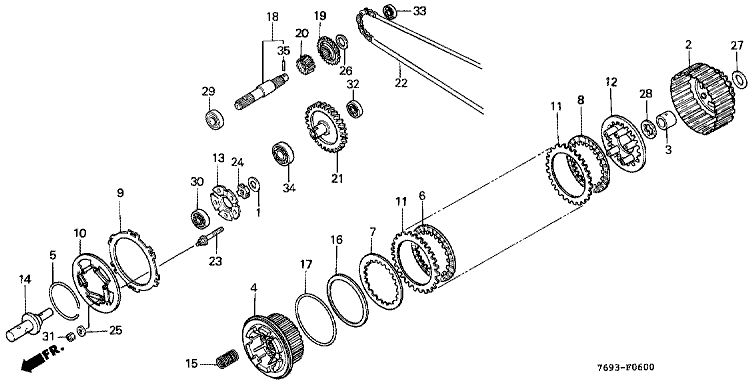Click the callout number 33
419,12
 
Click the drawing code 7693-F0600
625,368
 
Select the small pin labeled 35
283,65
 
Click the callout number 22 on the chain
401,82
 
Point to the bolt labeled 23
211,237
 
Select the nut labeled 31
71,337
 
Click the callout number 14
24,279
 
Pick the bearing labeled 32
355,108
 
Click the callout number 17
306,264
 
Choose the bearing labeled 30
198,219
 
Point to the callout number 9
120,192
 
